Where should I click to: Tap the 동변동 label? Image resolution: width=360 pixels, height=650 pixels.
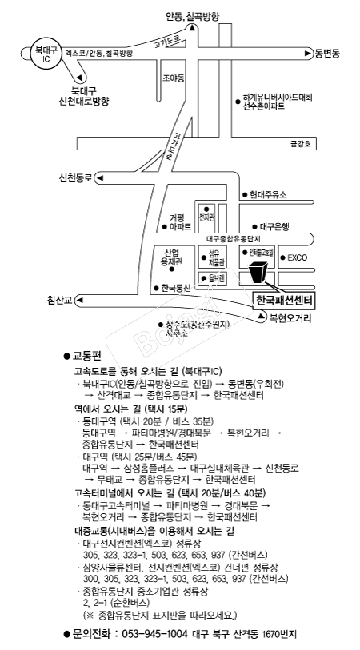[x=327, y=54]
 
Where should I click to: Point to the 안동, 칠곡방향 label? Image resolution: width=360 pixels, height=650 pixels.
[x=192, y=15]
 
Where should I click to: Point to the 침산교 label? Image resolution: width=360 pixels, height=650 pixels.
[x=58, y=300]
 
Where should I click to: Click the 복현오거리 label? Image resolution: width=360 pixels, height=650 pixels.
[x=290, y=317]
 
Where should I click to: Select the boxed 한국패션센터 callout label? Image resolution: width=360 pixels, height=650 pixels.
[x=283, y=301]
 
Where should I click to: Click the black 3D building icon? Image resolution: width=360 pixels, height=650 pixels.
[x=258, y=272]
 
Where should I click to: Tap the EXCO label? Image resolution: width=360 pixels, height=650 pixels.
[x=298, y=258]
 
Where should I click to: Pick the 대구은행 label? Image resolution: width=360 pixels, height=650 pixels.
[x=275, y=226]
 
